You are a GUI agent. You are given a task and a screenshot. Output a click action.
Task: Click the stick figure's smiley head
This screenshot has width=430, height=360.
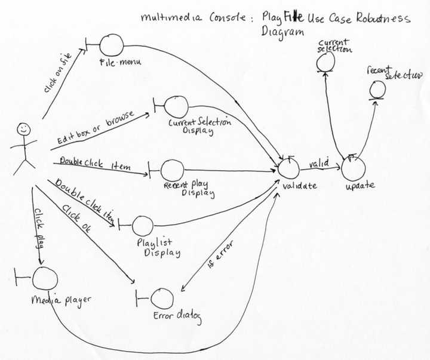23,128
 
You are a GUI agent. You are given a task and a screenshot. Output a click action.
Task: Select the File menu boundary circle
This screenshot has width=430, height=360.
111,45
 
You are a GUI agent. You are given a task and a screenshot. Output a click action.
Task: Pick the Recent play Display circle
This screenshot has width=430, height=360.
171,170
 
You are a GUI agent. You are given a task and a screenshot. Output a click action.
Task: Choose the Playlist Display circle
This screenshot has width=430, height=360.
142,226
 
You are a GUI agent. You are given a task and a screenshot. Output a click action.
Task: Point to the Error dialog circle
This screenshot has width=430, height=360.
162,299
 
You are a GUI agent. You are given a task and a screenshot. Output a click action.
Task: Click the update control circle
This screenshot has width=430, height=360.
352,167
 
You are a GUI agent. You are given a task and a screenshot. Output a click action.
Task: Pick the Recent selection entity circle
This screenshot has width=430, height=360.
377,90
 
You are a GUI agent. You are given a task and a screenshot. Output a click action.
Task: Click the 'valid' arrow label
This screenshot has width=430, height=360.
319,161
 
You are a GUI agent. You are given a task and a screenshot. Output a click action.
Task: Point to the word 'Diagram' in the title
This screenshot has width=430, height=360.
283,32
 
